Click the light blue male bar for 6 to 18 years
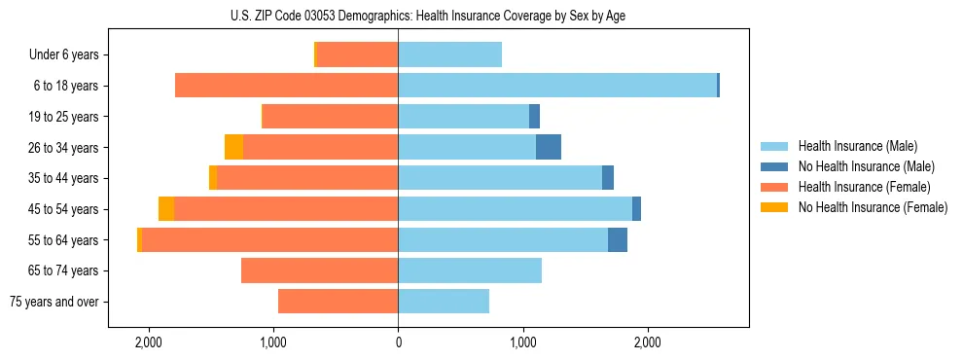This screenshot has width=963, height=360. pyautogui.click(x=557, y=86)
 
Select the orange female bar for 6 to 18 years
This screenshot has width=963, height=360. pyautogui.click(x=286, y=86)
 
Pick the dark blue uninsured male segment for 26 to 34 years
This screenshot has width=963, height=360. pyautogui.click(x=549, y=147)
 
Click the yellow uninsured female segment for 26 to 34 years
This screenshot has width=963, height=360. pyautogui.click(x=233, y=147)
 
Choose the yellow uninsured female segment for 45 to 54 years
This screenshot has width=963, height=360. pyautogui.click(x=166, y=209)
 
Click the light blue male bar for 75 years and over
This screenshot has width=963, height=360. pyautogui.click(x=444, y=302)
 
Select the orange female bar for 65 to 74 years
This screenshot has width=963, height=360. pyautogui.click(x=319, y=270)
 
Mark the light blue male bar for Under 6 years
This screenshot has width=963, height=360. pyautogui.click(x=449, y=54)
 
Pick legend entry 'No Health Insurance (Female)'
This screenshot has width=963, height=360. pyautogui.click(x=873, y=206)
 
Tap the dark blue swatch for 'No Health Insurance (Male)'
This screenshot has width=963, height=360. pyautogui.click(x=773, y=166)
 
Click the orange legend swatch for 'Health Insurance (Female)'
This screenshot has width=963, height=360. pyautogui.click(x=773, y=187)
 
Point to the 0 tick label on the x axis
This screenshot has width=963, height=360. pyautogui.click(x=398, y=342)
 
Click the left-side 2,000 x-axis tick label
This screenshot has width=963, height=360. pyautogui.click(x=148, y=342)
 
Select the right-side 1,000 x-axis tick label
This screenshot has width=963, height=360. pyautogui.click(x=522, y=342)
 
